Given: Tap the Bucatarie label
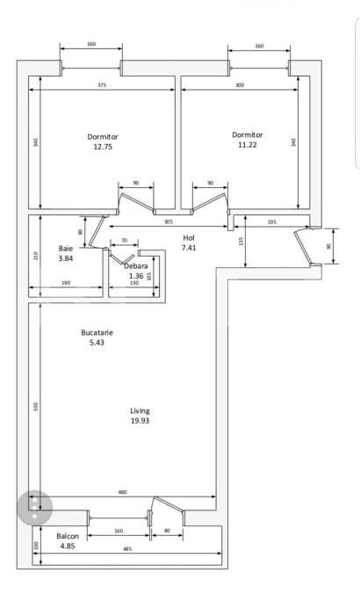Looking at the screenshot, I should tap(97, 332).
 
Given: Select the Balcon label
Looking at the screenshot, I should tap(68, 535).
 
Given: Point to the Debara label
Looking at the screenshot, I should tap(135, 265).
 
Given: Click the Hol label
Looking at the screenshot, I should tap(189, 238).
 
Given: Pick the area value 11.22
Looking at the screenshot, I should tap(248, 146).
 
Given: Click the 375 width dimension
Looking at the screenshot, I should tap(103, 85).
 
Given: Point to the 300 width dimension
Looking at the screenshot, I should tap(240, 85).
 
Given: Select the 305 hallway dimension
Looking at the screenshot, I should tap(169, 221).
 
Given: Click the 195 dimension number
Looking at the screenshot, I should tap(271, 222).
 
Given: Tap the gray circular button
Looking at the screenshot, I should tap(35, 507).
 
